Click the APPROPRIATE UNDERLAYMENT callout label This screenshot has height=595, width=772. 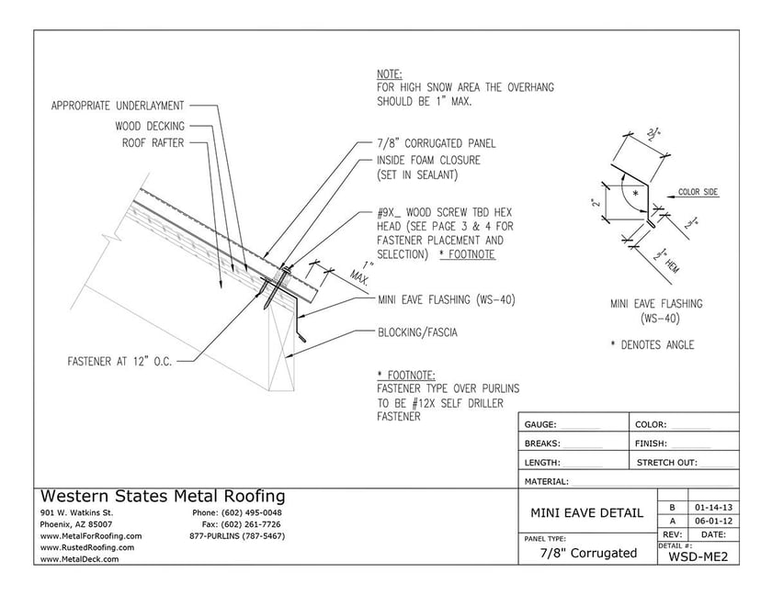click(x=118, y=106)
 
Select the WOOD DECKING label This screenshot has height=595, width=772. click(x=150, y=126)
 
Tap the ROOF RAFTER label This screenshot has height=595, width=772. click(x=153, y=142)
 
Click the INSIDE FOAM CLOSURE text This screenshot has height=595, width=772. click(x=428, y=160)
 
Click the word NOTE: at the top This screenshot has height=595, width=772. click(x=390, y=73)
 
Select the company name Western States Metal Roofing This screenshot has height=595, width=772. click(x=163, y=497)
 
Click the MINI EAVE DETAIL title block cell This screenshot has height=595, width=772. click(x=588, y=512)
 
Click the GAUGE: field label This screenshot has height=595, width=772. click(x=540, y=425)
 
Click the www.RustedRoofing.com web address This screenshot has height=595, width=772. click(x=87, y=547)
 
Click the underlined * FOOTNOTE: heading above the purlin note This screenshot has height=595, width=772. click(x=406, y=375)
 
